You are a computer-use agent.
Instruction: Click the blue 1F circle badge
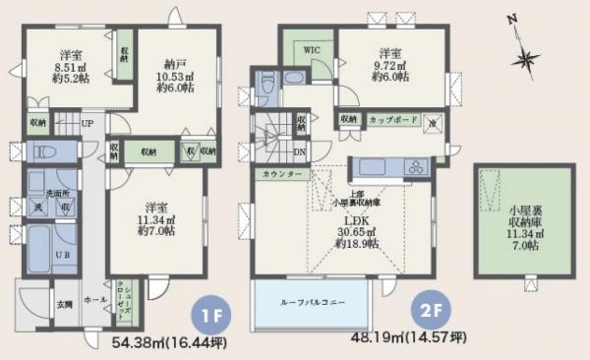pyautogui.click(x=208, y=317)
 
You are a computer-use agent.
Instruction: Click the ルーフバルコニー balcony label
pyautogui.click(x=310, y=302)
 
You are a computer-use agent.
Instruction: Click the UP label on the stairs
pyautogui.click(x=88, y=123)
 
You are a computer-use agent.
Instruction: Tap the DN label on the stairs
pyautogui.click(x=298, y=152)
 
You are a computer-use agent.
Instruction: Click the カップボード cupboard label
pyautogui.click(x=391, y=119)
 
